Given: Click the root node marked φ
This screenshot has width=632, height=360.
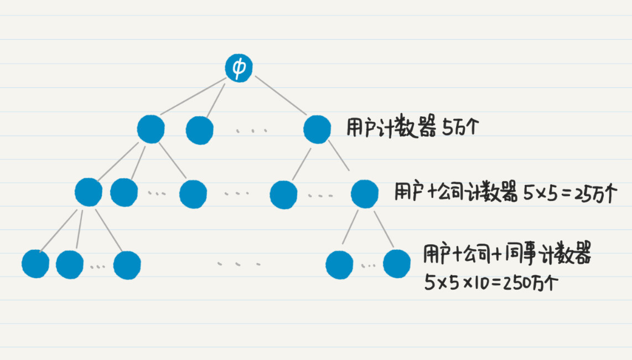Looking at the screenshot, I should point(239,69).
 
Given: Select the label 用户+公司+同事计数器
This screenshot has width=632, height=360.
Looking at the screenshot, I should point(507,255).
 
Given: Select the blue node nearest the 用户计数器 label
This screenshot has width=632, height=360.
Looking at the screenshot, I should point(317,130).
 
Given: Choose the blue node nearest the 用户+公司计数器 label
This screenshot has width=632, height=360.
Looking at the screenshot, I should point(364,193).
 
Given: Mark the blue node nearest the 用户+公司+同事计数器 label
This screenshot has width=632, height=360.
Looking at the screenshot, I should point(396,264).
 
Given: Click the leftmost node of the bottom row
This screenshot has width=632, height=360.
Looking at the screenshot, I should point(35,264).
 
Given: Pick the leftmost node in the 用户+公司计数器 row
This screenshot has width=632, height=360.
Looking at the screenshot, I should point(89,192).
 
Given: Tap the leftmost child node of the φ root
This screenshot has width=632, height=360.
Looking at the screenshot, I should point(151,129).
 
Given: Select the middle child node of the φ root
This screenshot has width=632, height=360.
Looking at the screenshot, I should point(200,131).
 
